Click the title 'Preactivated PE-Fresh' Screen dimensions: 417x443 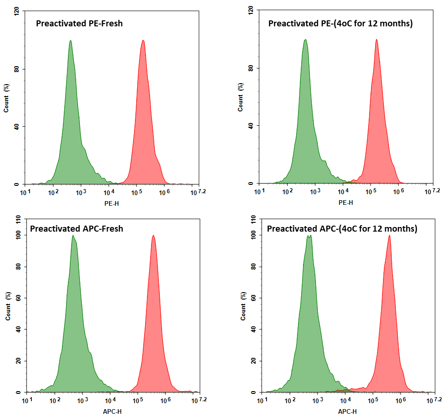point(79,23)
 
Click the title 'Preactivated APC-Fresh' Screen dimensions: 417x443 point(77,228)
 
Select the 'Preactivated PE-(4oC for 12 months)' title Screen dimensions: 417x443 point(340,23)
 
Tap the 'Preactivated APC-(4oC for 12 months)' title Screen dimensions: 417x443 point(342,228)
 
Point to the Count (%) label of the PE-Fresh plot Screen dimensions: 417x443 point(6,98)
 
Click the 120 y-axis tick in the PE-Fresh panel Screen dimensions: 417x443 point(17,12)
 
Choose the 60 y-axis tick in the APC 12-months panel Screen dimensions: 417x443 point(253,298)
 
